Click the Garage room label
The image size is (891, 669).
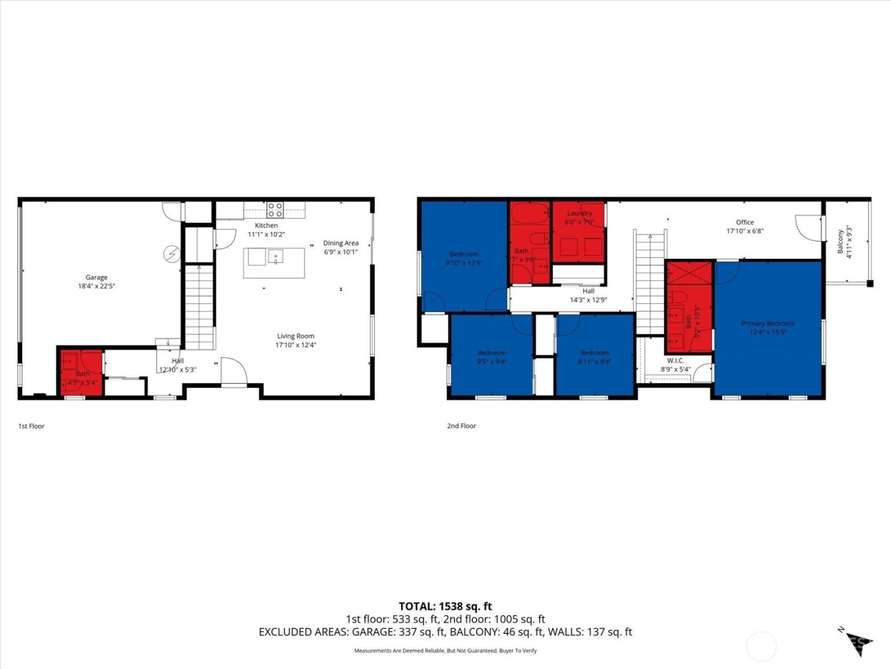97,278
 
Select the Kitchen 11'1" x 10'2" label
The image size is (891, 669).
266,230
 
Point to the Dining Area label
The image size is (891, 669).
340,243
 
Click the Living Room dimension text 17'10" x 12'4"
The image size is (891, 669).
295,345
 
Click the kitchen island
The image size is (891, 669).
274,263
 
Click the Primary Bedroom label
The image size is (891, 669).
768,324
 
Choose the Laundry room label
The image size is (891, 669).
579,213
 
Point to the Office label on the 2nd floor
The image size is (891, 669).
745,222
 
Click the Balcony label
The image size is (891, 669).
841,241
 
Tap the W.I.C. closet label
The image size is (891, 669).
675,361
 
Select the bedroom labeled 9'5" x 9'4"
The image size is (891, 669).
491,357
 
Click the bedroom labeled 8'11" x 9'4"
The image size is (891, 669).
594,357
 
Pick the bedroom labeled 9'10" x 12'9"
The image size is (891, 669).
463,258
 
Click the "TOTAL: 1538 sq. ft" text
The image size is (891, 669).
445,607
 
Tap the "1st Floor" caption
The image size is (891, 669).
31,426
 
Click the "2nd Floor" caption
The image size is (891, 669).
461,426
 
